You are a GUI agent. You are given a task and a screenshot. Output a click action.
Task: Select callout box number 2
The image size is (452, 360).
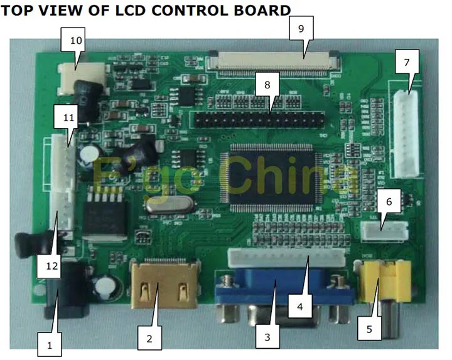tap(149, 338)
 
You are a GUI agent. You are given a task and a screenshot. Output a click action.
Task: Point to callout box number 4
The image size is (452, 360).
tap(300, 306)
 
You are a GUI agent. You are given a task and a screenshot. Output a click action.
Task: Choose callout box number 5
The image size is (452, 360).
tap(369, 327)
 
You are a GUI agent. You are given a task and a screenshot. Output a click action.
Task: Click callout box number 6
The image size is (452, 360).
tap(389, 201)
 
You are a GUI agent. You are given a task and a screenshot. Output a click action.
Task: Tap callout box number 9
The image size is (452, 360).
tap(301, 29)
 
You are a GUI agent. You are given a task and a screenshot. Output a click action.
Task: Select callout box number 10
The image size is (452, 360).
tap(76, 40)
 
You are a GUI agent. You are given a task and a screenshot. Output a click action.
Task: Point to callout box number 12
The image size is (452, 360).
tap(51, 266)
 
